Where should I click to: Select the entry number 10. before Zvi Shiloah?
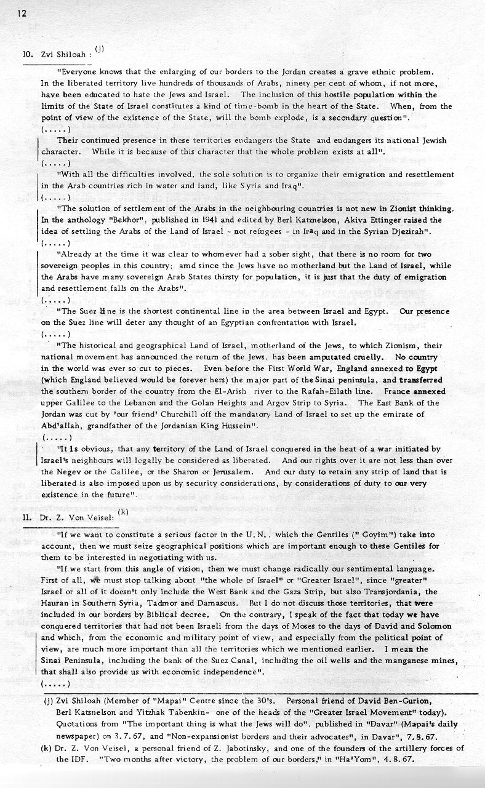(28, 54)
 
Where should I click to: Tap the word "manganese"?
(400, 661)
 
